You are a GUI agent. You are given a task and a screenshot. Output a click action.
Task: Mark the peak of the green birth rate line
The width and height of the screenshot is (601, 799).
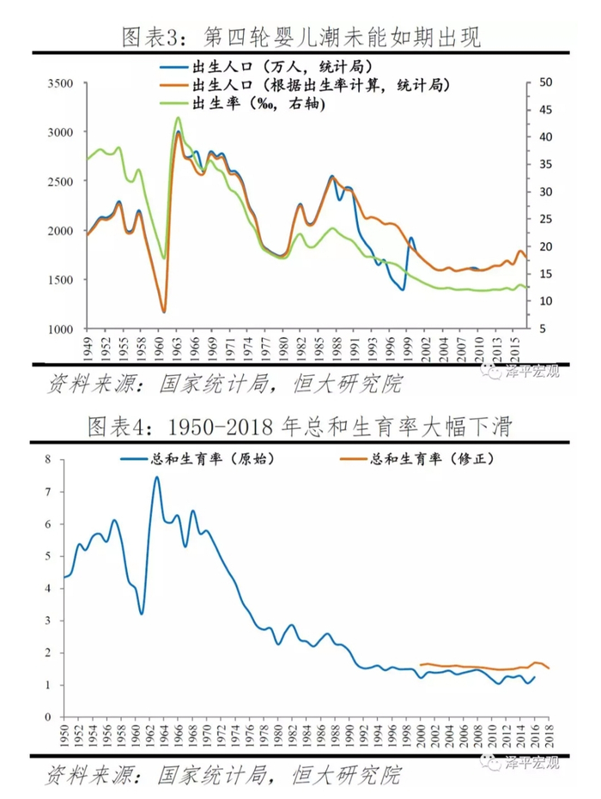tap(178, 118)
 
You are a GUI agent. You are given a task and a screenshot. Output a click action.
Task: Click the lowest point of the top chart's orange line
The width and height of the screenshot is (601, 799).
tap(163, 312)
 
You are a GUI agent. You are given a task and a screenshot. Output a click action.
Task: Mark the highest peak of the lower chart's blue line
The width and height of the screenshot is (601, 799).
tap(157, 477)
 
